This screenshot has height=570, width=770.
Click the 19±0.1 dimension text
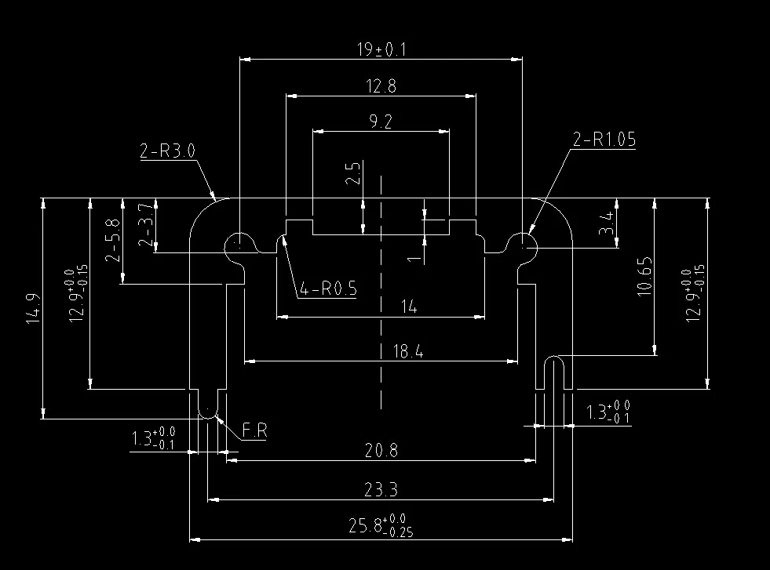381,49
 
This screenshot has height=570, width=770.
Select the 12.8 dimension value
381,86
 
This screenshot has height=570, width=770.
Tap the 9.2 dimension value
381,122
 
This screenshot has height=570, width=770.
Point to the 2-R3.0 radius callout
167,151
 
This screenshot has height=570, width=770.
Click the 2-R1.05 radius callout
604,140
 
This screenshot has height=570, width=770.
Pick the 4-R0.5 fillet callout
328,289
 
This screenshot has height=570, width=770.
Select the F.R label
255,430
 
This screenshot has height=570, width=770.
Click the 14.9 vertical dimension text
33,309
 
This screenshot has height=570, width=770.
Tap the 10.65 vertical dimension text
644,276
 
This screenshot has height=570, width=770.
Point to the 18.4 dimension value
408,351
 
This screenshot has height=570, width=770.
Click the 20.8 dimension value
381,450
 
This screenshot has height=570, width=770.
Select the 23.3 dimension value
381,489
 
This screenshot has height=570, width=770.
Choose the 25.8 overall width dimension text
381,525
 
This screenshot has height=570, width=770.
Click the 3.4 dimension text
607,223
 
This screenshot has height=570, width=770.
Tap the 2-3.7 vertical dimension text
146,225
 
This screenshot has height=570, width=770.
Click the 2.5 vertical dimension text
352,172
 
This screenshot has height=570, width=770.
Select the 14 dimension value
409,307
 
